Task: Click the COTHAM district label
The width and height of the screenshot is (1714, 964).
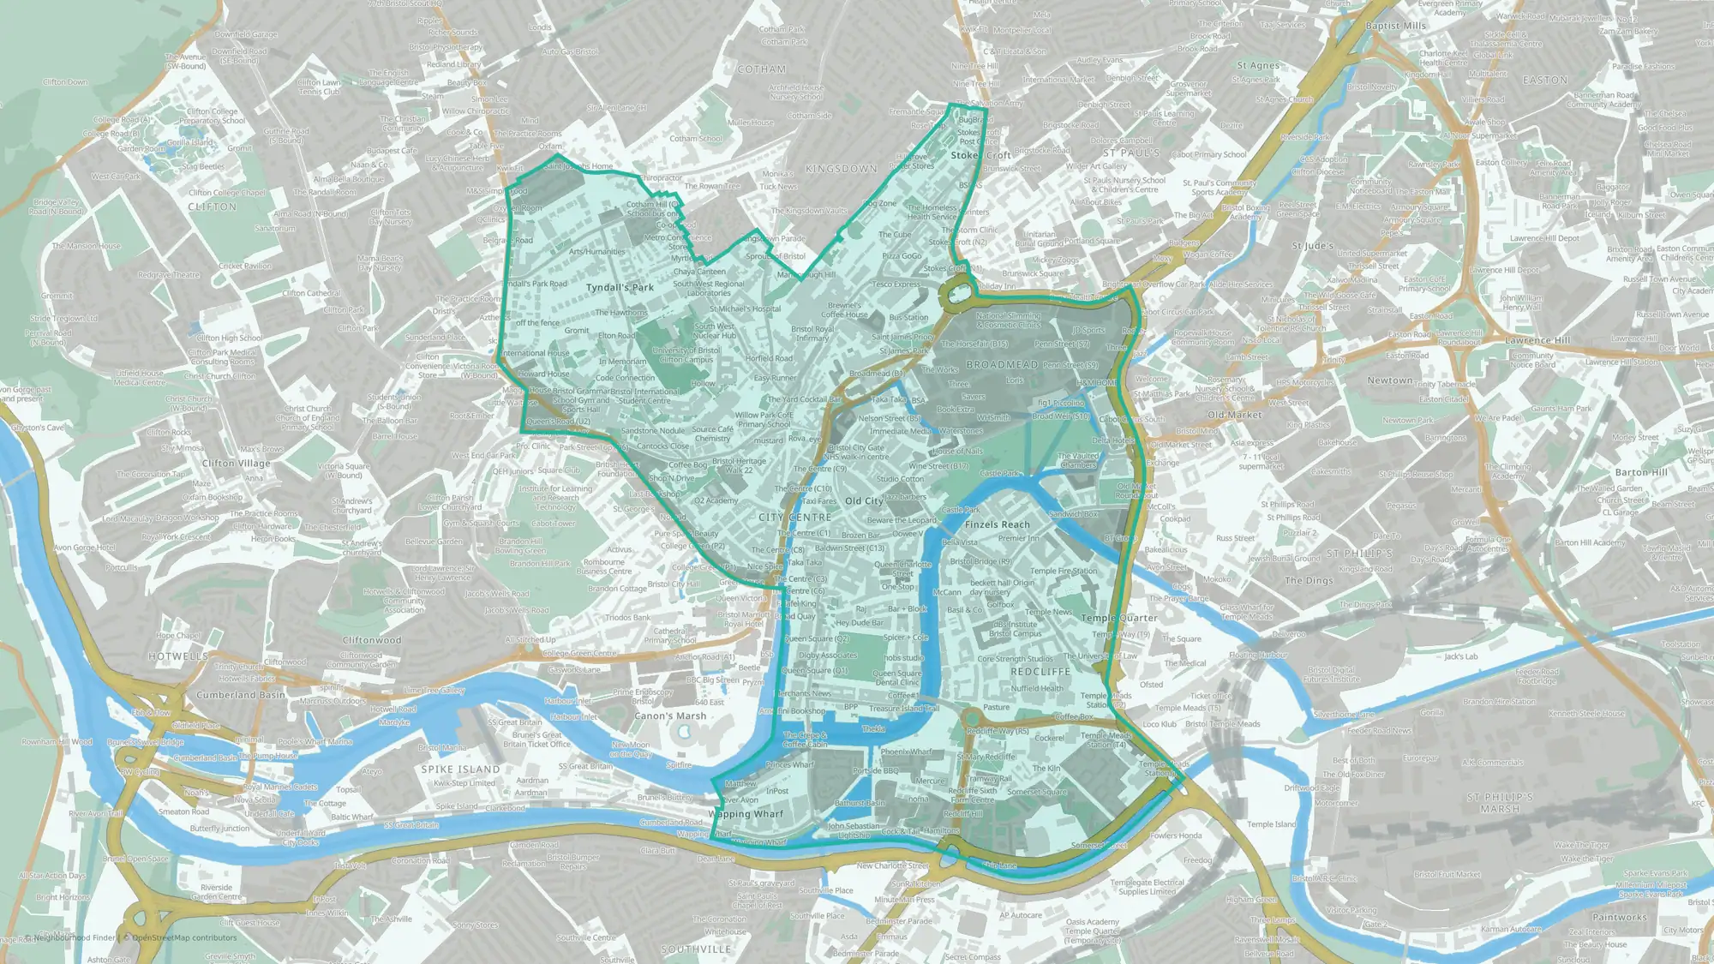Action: (761, 69)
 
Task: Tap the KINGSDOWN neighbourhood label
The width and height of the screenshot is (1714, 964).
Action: (841, 169)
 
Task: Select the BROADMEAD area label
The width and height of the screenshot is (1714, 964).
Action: (1002, 364)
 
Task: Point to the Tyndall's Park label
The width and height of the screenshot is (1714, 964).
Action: (620, 288)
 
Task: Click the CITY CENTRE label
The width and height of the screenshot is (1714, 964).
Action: (794, 518)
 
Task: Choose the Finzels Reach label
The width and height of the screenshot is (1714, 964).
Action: (997, 524)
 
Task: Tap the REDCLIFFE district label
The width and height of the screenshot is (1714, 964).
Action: (1040, 672)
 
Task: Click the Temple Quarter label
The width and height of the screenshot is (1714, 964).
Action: (1118, 618)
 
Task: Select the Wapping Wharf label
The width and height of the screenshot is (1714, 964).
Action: (745, 814)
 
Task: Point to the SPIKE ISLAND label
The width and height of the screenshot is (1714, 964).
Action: (460, 769)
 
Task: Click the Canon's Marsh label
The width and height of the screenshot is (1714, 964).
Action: (670, 716)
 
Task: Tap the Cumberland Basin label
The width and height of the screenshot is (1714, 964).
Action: (241, 695)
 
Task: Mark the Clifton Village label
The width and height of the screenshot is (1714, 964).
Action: (236, 464)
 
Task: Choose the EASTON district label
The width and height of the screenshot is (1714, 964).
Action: (1544, 81)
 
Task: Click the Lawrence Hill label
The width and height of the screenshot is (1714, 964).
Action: (1537, 340)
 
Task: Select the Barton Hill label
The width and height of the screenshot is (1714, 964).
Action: (1640, 472)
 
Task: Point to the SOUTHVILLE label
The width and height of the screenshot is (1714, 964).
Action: (696, 949)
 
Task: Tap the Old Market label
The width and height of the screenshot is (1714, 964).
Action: (1234, 415)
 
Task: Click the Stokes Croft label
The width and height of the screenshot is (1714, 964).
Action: (980, 156)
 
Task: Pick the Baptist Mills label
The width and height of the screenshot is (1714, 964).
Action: (1395, 26)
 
